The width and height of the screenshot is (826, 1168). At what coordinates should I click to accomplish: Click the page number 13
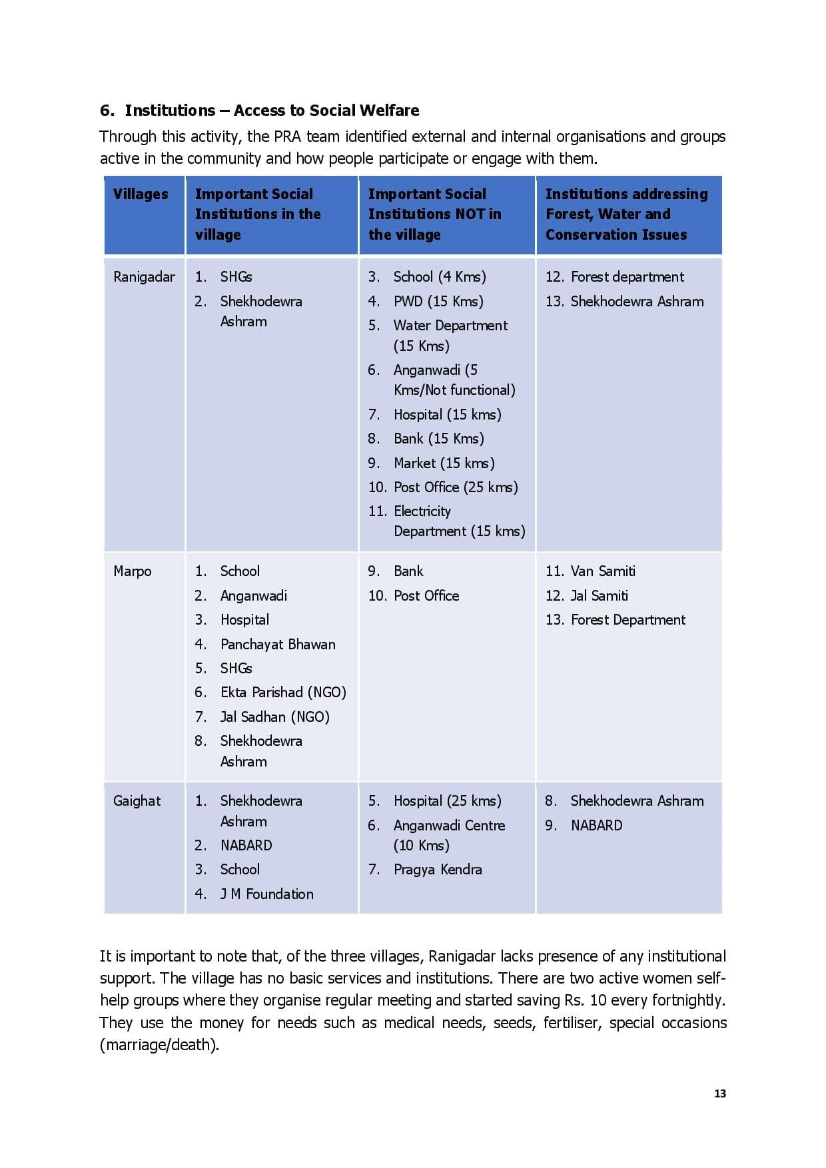click(719, 1093)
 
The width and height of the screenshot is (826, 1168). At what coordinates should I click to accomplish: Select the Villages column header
click(141, 194)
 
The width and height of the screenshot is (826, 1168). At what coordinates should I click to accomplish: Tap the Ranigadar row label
click(144, 277)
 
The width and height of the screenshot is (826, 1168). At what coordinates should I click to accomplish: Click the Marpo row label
click(133, 571)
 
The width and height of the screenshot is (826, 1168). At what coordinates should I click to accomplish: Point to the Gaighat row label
click(137, 801)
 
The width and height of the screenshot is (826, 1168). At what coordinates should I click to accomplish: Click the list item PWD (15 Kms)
click(438, 301)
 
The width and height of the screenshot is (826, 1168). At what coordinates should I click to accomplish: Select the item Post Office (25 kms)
click(455, 487)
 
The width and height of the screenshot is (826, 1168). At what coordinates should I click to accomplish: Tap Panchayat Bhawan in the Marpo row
click(278, 644)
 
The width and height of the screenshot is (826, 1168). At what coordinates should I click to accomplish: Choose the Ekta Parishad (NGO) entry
click(283, 693)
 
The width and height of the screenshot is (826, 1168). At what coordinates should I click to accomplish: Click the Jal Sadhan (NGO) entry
click(274, 717)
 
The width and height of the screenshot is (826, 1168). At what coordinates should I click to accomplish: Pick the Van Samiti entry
click(603, 571)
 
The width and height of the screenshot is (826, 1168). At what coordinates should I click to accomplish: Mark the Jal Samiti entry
click(599, 595)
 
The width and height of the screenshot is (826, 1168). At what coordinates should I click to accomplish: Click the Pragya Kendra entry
click(438, 870)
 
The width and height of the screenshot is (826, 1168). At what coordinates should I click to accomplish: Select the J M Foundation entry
click(266, 894)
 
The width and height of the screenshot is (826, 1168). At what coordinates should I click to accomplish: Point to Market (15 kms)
click(444, 463)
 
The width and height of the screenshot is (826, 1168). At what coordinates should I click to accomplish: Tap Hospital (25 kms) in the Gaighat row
click(447, 801)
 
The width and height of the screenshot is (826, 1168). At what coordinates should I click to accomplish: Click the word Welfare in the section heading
click(390, 111)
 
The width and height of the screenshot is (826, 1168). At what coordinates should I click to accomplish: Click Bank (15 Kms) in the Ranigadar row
click(438, 439)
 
